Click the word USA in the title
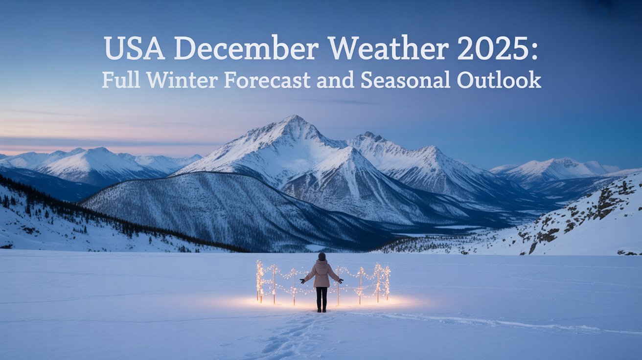[133, 49]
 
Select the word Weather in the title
[388, 49]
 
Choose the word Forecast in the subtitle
[268, 80]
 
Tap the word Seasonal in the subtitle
[405, 80]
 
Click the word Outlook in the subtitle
[498, 80]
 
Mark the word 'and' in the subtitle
[336, 80]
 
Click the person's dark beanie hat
[321, 256]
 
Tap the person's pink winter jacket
[321, 274]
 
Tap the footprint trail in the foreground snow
[289, 337]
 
